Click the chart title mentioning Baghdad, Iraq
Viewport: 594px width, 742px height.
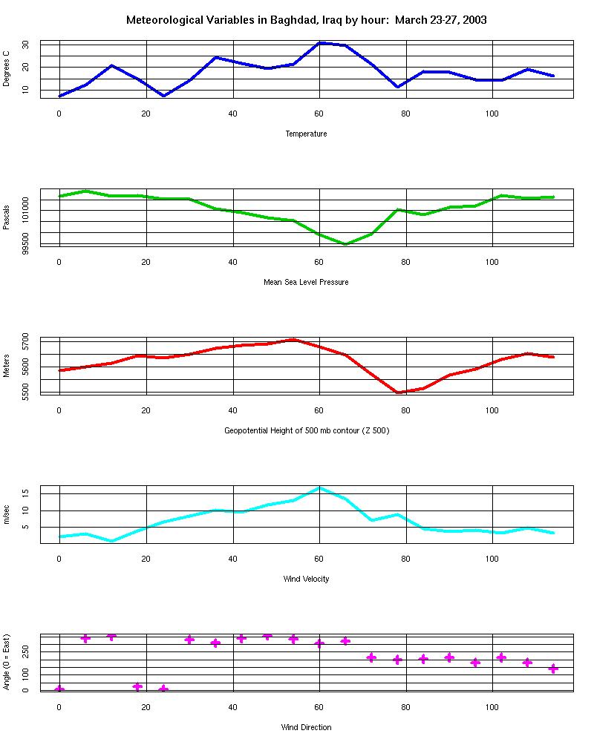(307, 20)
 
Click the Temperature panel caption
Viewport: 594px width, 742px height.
(306, 134)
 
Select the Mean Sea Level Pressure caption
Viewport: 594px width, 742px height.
(306, 282)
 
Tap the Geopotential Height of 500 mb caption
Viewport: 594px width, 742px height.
(306, 430)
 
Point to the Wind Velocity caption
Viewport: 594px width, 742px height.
(306, 579)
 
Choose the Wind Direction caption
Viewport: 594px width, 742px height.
(306, 727)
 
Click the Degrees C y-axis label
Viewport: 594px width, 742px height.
(7, 69)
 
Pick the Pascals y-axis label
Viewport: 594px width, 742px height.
(7, 217)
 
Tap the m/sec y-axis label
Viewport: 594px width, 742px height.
(7, 514)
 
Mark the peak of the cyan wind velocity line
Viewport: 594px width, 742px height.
(319, 487)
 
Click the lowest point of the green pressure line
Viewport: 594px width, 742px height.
(345, 244)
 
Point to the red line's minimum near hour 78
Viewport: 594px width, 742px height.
(398, 393)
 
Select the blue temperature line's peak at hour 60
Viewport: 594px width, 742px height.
(319, 43)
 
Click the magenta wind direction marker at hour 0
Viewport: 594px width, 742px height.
(59, 690)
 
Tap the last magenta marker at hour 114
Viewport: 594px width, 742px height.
(552, 669)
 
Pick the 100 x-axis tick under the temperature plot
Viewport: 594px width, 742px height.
(492, 114)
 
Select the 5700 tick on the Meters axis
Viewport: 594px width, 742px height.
(25, 342)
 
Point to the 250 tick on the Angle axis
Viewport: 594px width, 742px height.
(25, 651)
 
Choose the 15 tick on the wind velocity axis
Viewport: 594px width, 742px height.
(25, 493)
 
